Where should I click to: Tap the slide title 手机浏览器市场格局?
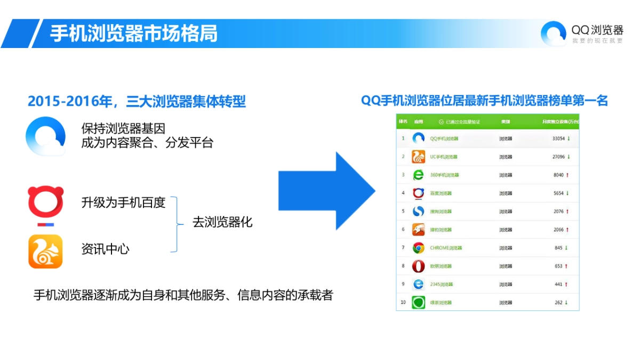[134, 33]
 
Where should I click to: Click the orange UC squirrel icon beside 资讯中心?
[45, 251]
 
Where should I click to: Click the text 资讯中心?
[105, 249]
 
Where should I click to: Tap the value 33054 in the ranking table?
[558, 139]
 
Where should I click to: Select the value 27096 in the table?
[558, 157]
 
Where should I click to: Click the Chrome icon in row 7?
[418, 248]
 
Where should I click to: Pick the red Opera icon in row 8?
[418, 266]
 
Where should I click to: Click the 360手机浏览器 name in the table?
[444, 175]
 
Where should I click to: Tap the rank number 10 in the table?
[403, 302]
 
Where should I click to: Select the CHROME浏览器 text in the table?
[446, 248]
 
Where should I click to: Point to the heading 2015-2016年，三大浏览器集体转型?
[137, 101]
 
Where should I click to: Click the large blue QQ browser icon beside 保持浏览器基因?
[45, 135]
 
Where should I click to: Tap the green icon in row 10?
[418, 302]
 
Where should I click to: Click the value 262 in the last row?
[559, 302]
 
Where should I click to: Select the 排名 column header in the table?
[403, 121]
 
